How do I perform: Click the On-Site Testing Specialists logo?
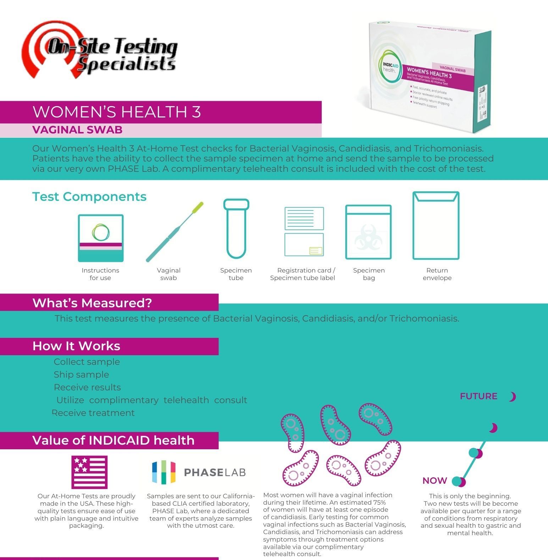(x=99, y=50)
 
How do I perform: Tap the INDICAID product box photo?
(x=430, y=76)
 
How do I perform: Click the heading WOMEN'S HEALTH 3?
(x=117, y=112)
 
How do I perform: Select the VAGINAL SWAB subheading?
(x=77, y=130)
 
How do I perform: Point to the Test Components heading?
(x=89, y=197)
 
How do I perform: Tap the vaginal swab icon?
(x=175, y=232)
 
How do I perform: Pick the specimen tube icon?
(x=236, y=229)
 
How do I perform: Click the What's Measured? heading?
(x=92, y=303)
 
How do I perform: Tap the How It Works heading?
(x=76, y=346)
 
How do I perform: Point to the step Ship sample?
(x=81, y=375)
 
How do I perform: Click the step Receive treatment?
(x=94, y=413)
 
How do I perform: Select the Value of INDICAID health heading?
(x=114, y=440)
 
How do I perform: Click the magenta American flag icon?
(x=89, y=472)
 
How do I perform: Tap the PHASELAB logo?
(x=199, y=472)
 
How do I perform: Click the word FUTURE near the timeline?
(x=478, y=396)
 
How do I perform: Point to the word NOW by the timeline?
(x=434, y=481)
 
